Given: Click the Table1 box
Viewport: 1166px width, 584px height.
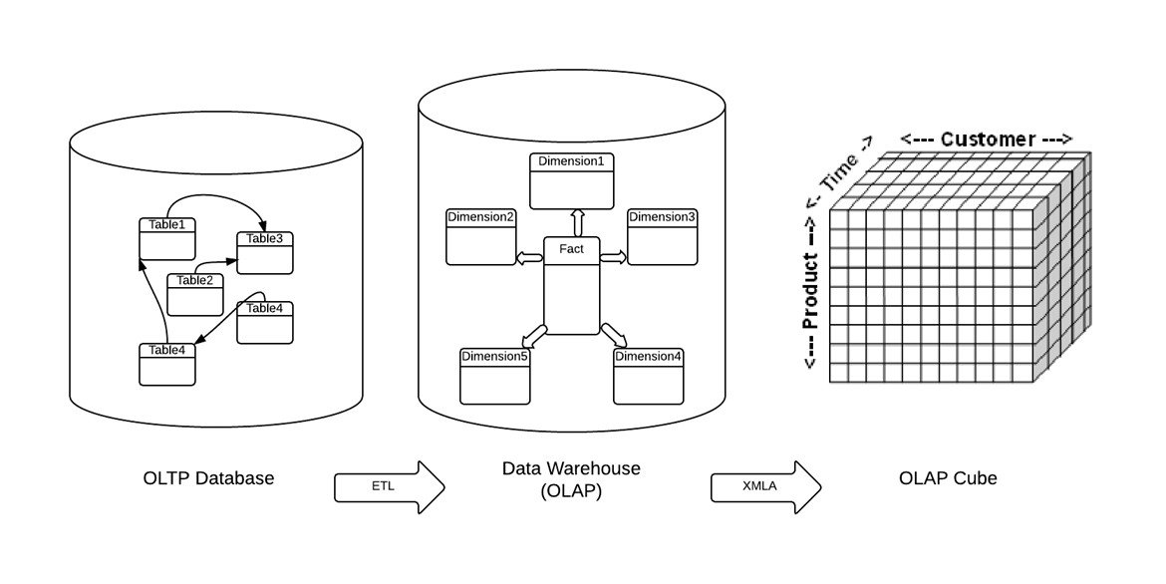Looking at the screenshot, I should coord(166,236).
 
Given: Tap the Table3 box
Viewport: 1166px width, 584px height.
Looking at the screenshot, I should coord(265,251).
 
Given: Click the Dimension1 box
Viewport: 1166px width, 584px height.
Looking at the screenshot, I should coord(571,180).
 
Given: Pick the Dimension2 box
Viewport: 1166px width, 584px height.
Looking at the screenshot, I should coord(480,237).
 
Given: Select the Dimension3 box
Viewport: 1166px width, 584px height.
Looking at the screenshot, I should coord(662,237).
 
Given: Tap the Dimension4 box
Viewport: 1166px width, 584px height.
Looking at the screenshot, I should coord(649,376).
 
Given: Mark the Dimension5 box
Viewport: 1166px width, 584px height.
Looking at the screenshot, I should coord(494,376).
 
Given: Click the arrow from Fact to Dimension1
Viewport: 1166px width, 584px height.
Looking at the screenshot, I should coord(577,222).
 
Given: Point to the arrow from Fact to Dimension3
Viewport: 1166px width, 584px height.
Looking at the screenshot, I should coord(613,258).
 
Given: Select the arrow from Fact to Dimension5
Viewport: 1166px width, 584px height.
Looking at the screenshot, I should coord(535,334).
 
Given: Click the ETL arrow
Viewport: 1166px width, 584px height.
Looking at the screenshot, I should coord(389,487).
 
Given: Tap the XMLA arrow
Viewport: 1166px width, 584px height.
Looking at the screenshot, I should coord(765,487).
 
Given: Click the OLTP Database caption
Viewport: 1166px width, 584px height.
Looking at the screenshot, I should coord(208,478).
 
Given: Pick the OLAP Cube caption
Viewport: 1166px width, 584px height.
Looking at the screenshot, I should coord(947,478).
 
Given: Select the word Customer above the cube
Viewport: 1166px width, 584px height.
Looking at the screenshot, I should coord(987,139).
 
